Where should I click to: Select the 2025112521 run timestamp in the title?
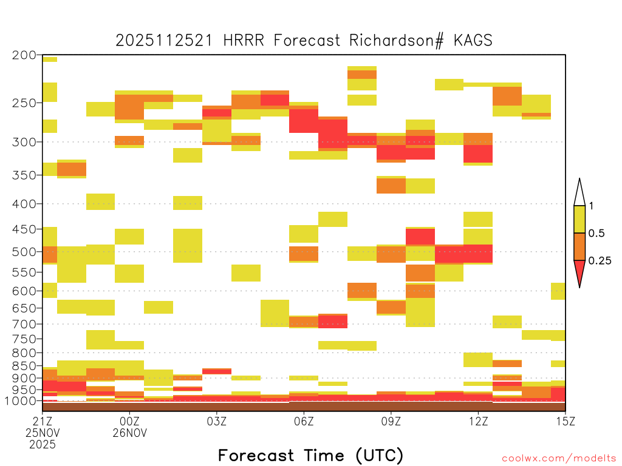pos(164,40)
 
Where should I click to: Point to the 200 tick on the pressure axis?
pos(24,55)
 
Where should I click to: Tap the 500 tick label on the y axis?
pos(24,252)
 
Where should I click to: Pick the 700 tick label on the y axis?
pos(24,324)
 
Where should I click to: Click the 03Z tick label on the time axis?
pos(217,421)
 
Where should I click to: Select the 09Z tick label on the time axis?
pos(391,421)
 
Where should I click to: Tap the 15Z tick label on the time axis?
pos(566,421)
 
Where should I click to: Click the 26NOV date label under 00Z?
pos(130,433)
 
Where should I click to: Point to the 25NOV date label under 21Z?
pos(43,433)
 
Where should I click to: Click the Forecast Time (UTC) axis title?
pos(310,455)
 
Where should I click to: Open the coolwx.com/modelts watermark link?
pos(559,459)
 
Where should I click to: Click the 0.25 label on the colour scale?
pos(600,260)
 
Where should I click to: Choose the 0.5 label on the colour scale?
pos(596,233)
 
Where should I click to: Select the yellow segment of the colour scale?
pos(579,219)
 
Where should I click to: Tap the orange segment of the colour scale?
pos(579,246)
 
